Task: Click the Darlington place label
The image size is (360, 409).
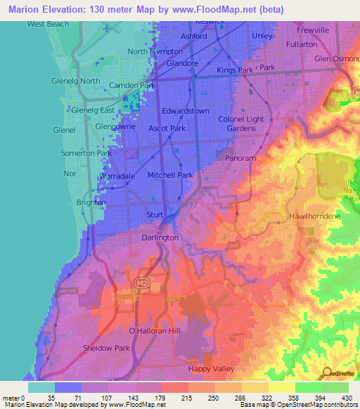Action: coord(160,238)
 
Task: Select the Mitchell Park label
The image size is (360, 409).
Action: coord(169,174)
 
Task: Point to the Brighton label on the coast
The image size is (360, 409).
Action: coord(91,202)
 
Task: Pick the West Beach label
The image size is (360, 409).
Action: coord(49,24)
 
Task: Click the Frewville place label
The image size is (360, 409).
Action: coord(313,31)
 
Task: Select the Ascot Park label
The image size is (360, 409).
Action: coord(167,129)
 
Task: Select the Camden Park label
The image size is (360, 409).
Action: coord(131,86)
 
